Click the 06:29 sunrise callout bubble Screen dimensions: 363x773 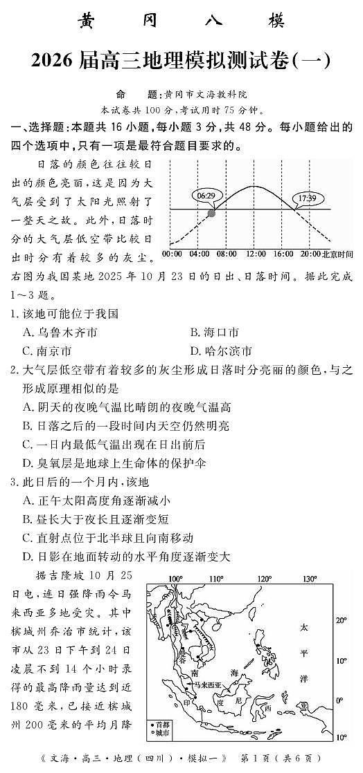pyautogui.click(x=205, y=196)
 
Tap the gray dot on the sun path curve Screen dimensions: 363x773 pyautogui.click(x=211, y=213)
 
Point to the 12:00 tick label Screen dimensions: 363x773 pyautogui.click(x=256, y=254)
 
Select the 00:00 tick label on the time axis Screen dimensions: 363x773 pyautogui.click(x=172, y=254)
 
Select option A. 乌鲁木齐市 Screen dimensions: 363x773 pyautogui.click(x=60, y=333)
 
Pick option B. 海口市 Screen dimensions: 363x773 pyautogui.click(x=214, y=333)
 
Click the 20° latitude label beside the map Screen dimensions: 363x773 pyautogui.click(x=340, y=620)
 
